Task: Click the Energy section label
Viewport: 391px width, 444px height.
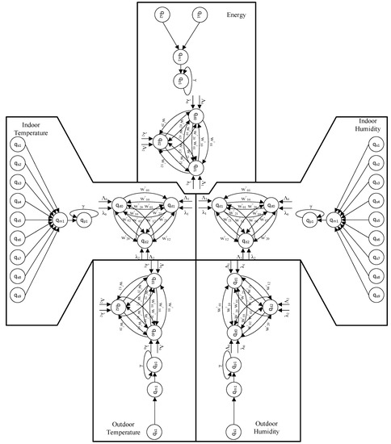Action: click(x=230, y=13)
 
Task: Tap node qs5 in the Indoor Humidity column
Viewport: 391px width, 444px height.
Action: click(x=373, y=220)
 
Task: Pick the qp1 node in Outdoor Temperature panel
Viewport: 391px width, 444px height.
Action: click(x=155, y=364)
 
